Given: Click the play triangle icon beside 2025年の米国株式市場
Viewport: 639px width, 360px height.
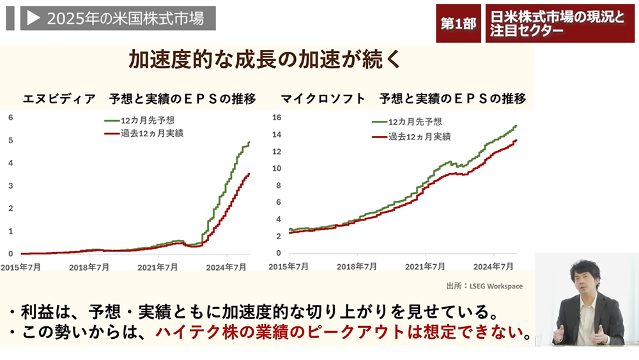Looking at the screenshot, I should tap(33, 19).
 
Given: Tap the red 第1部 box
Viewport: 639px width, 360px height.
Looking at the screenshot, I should tap(458, 24).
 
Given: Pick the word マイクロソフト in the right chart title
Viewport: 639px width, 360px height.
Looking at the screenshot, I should tap(323, 98).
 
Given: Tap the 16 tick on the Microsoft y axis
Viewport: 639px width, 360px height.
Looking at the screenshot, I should tap(277, 117).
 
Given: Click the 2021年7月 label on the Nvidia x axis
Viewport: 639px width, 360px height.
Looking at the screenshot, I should tap(157, 267).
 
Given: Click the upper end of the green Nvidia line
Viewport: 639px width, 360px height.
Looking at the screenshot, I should tap(249, 143).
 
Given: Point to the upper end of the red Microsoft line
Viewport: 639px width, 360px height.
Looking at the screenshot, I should tap(516, 141).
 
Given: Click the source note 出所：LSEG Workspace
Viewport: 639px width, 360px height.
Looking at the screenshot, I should tap(484, 286).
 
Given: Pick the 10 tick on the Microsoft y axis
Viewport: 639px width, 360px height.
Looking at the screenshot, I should tap(277, 169).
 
